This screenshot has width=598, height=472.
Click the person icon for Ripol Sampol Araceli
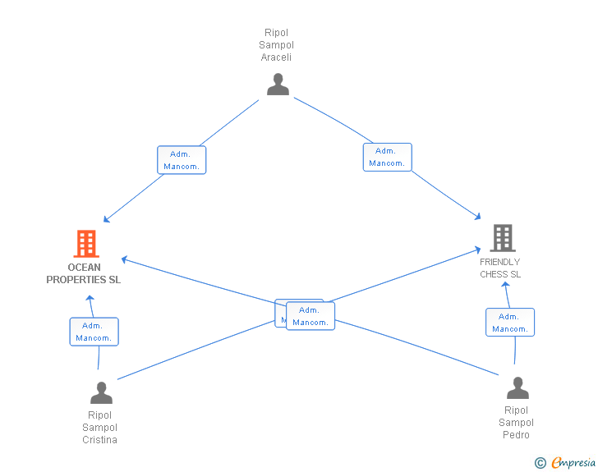[278, 85]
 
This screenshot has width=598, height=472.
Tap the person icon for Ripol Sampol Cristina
[101, 392]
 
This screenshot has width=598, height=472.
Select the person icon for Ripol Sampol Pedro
[517, 387]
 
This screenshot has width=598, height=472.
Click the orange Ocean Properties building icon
[86, 244]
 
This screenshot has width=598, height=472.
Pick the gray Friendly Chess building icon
[502, 238]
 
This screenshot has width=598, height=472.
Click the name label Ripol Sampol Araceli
[277, 45]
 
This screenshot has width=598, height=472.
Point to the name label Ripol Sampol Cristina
[100, 427]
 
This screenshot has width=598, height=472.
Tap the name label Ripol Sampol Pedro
[516, 422]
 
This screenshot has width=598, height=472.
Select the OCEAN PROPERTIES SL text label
[85, 273]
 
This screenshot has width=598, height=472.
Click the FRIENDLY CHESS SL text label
[500, 268]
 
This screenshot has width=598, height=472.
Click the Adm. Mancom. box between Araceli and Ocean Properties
[181, 160]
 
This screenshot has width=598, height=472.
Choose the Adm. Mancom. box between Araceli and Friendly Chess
[387, 157]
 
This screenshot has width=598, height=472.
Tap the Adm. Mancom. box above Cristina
[94, 332]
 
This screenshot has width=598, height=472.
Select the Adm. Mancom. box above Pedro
[509, 323]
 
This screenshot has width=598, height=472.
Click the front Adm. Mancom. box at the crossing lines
[310, 316]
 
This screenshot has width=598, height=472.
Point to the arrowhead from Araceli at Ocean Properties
[106, 220]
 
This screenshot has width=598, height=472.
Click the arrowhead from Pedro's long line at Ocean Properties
[124, 260]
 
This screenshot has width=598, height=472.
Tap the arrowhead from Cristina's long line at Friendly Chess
[479, 248]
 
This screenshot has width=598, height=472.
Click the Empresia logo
[566, 463]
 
